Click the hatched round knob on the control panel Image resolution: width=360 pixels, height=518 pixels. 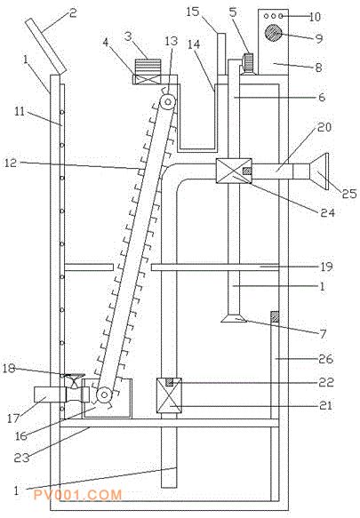tap(273, 33)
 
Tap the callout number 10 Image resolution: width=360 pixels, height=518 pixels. tap(315, 17)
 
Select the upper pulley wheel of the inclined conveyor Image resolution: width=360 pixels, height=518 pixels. tap(168, 102)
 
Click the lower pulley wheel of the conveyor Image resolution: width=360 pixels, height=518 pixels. tap(104, 394)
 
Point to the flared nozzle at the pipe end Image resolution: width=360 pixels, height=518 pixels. tap(319, 171)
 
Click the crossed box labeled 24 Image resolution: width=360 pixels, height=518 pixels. tap(234, 171)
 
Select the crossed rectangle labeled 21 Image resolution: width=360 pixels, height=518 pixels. tap(169, 395)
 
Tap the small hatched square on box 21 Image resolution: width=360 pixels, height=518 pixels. tap(169, 382)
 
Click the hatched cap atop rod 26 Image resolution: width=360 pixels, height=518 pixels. tap(275, 317)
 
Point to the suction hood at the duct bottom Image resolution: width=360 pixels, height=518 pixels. tap(234, 318)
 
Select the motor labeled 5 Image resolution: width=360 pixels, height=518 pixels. tap(248, 64)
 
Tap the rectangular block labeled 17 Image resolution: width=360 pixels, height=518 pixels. tap(47, 394)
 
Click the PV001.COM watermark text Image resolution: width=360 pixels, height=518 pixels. tap(77, 495)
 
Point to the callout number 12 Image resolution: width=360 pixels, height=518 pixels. tap(11, 163)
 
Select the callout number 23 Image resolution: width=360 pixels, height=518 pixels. tap(21, 458)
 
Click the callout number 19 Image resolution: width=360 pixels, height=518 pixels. tap(326, 267)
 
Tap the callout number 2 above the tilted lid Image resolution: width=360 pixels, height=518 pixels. tap(73, 13)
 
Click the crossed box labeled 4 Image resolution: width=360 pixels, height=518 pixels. tap(147, 80)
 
